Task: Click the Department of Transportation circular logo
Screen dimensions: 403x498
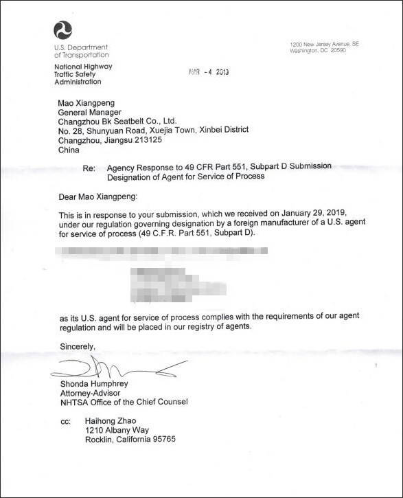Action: [x=62, y=30]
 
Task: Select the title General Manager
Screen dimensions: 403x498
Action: [x=90, y=112]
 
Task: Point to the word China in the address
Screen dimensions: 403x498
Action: [x=69, y=148]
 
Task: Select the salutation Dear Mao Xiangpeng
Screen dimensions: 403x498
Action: [x=98, y=196]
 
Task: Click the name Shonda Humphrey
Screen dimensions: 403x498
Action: [x=93, y=383]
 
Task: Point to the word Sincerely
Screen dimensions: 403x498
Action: [x=77, y=345]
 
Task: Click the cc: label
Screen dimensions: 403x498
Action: [x=65, y=421]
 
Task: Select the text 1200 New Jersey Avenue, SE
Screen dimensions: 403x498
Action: [x=325, y=44]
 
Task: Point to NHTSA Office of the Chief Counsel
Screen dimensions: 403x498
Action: [x=124, y=401]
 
